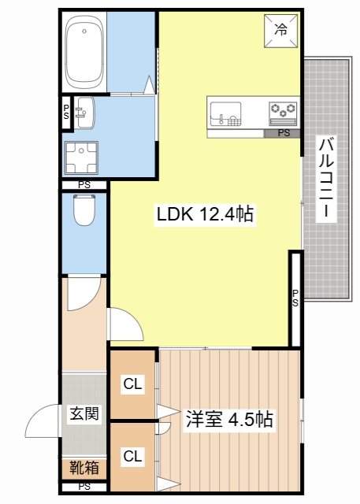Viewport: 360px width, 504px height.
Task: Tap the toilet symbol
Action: (x=83, y=210)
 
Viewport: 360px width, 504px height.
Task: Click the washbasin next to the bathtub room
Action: (x=84, y=113)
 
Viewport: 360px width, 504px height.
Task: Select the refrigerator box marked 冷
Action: (x=280, y=31)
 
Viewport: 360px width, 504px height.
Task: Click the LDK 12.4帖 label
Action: (x=205, y=213)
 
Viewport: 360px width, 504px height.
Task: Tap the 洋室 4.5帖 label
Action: (x=229, y=420)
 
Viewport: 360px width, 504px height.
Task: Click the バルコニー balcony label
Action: (x=325, y=179)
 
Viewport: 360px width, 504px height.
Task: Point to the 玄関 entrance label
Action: (x=84, y=413)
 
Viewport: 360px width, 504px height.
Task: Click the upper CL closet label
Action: (x=132, y=385)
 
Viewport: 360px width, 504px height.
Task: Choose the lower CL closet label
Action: (x=132, y=455)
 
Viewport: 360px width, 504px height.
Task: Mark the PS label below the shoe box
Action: (x=84, y=486)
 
